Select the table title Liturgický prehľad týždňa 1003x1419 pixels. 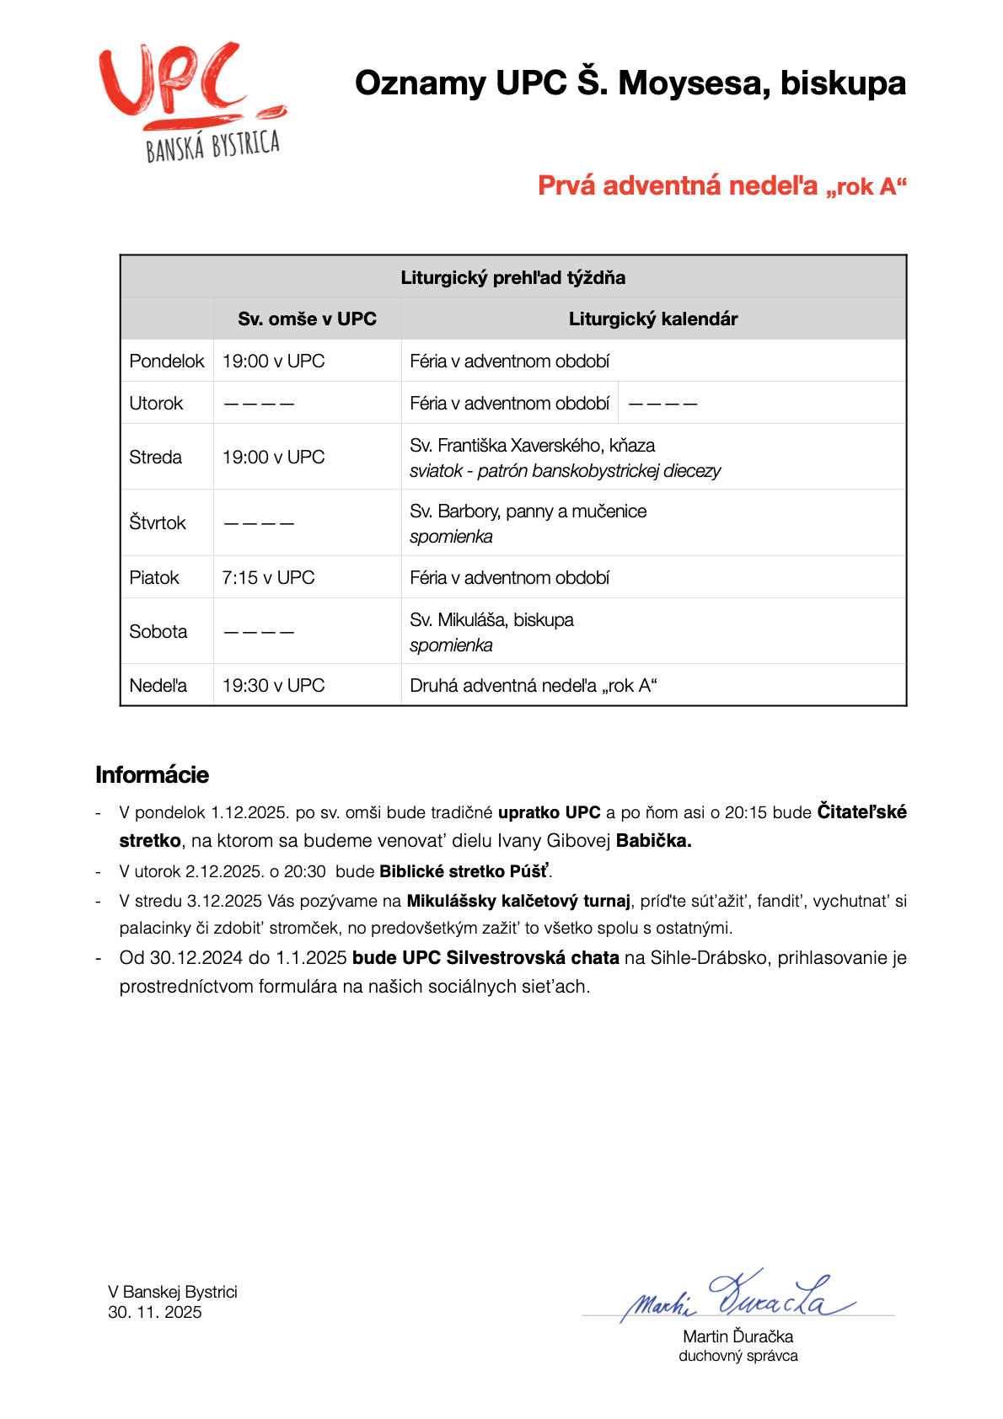[x=512, y=277]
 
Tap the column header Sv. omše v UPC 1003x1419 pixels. [x=307, y=319]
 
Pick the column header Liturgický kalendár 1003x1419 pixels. [x=652, y=319]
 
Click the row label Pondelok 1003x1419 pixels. [x=166, y=361]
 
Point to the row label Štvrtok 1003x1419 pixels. [x=157, y=522]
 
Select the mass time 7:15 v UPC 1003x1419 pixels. [x=268, y=577]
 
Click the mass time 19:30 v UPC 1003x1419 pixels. [x=273, y=685]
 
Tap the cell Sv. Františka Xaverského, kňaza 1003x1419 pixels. [x=532, y=445]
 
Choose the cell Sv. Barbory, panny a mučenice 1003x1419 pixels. [x=528, y=511]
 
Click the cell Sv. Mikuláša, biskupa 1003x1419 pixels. [x=491, y=620]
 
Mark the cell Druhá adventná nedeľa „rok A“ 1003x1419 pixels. [x=533, y=685]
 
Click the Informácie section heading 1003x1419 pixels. [x=152, y=774]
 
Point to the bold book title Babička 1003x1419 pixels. [x=653, y=840]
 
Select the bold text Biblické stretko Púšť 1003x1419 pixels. [x=464, y=871]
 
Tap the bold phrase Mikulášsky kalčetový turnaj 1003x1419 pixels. [x=518, y=901]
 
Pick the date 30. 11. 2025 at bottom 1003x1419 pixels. [x=155, y=1312]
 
